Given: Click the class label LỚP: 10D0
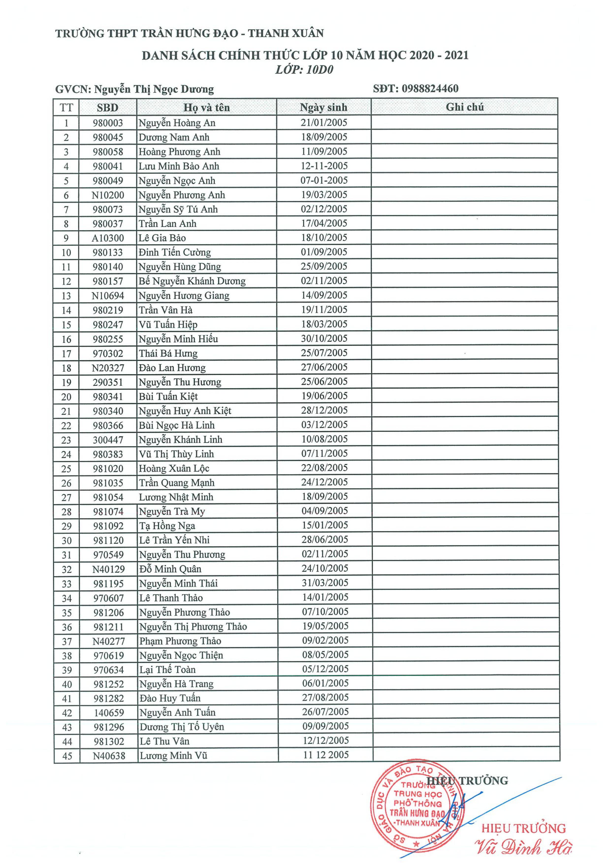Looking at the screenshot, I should click(x=304, y=70).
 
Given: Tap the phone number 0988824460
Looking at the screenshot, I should click(x=430, y=89).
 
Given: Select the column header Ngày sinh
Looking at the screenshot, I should click(x=323, y=107).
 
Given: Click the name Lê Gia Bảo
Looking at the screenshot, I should click(x=162, y=238).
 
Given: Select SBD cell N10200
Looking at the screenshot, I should click(x=108, y=195).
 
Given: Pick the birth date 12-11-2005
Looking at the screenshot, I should click(x=324, y=166).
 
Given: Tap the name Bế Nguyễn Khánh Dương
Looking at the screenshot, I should click(x=192, y=281).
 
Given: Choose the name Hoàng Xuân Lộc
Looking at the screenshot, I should click(x=174, y=469).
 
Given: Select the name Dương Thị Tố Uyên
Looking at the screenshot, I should click(x=182, y=727).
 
